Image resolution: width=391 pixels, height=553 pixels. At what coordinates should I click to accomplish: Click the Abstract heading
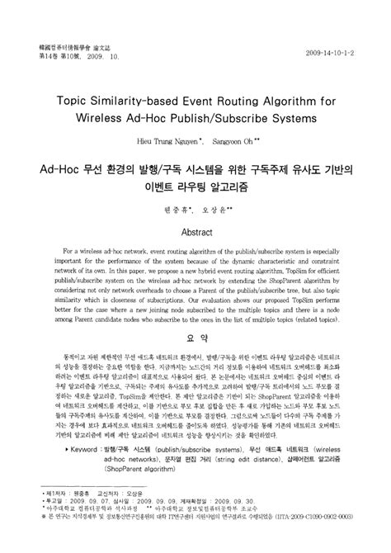pos(195,210)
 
